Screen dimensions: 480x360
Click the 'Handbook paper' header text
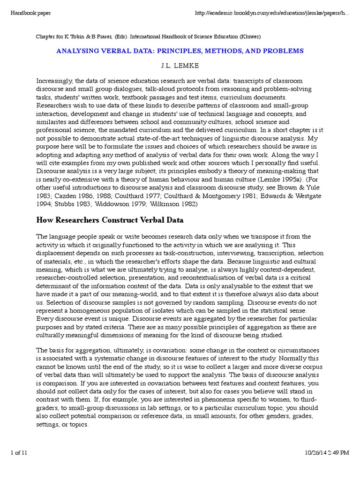click(x=30, y=13)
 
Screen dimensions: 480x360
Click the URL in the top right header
click(x=271, y=13)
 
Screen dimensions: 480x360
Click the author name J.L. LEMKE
click(x=180, y=65)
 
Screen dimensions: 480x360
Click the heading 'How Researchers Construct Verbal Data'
click(x=110, y=219)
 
